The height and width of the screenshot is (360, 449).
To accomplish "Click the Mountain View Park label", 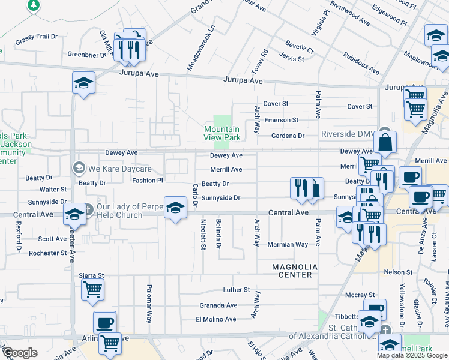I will point(221,133).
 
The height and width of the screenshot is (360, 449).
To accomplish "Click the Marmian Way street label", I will point(288,244).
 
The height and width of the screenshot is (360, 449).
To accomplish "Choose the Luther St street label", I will point(236,290).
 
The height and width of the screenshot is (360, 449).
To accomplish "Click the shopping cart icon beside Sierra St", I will point(92,290).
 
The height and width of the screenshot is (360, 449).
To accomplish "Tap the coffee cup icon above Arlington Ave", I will point(104,323).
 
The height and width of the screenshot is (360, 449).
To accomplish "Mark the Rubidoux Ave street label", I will point(361,63).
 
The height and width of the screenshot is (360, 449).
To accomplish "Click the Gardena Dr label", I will point(288,136).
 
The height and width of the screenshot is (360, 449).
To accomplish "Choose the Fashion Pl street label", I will point(148,180).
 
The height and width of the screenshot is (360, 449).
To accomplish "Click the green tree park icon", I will point(34,5).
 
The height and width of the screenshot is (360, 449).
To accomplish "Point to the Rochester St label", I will point(47,253).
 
